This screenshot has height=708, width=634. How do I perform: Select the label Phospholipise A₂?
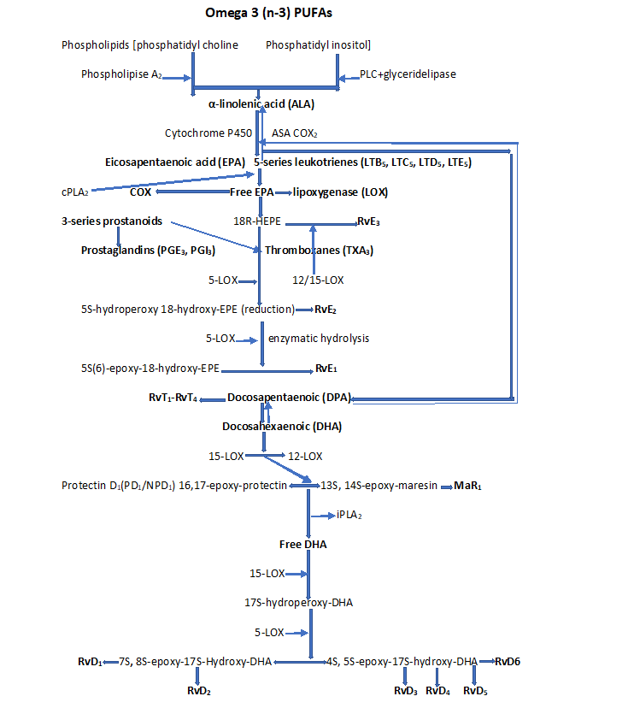click(120, 74)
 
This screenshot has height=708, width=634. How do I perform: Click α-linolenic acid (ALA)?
click(261, 104)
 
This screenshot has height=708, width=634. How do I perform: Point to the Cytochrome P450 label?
click(208, 133)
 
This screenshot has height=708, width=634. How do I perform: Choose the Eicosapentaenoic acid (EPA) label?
click(175, 162)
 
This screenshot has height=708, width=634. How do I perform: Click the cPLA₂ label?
click(75, 192)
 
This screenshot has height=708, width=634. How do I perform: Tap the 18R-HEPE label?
click(256, 221)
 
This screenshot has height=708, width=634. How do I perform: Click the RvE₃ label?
click(368, 221)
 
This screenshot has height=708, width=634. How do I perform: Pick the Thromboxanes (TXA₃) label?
click(319, 251)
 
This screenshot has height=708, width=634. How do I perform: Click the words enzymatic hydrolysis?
click(319, 339)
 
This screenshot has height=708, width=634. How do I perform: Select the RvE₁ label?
click(325, 369)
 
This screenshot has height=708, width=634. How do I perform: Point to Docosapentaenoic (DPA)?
click(289, 398)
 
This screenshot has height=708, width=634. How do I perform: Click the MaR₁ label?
click(466, 486)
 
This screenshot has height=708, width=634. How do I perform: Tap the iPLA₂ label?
click(350, 515)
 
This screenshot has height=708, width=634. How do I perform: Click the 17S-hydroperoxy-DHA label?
click(298, 603)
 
